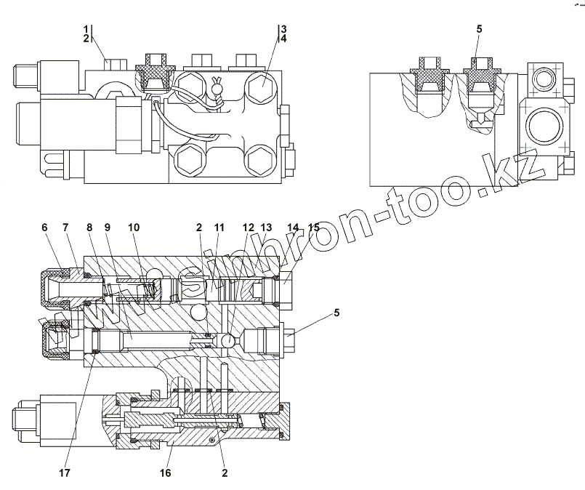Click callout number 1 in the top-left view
point(86,29)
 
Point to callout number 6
point(44,227)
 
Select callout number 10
point(134,227)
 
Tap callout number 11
point(217,227)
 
